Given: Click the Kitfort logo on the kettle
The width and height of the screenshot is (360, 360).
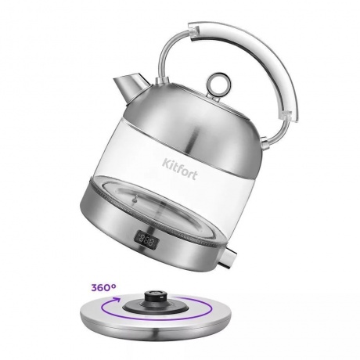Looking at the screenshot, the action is click(x=179, y=168).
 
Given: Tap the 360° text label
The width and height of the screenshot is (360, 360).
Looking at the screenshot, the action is click(x=103, y=287).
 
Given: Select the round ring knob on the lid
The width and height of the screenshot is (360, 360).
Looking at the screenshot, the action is click(x=218, y=85).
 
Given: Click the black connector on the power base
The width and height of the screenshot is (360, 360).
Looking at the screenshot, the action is click(x=156, y=297).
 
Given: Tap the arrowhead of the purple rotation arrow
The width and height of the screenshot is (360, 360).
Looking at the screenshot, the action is click(x=114, y=300).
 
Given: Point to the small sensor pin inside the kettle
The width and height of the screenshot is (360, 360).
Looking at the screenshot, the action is click(x=135, y=200).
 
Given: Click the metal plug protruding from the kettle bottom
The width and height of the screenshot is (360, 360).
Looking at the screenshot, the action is click(x=228, y=258).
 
